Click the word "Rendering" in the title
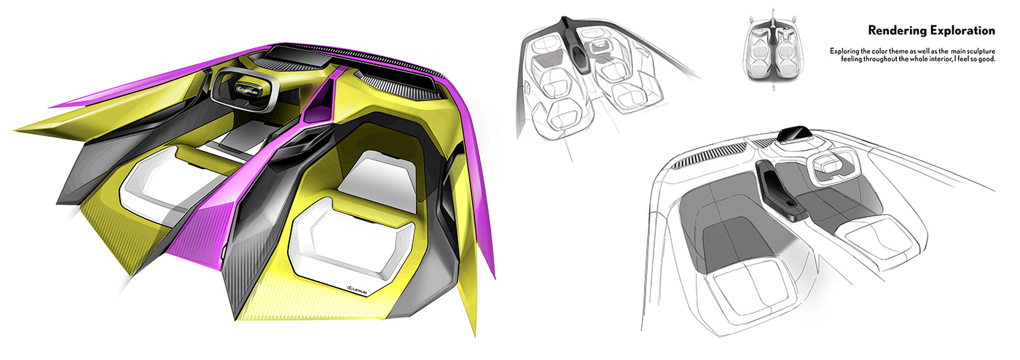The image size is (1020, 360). [x=893, y=31]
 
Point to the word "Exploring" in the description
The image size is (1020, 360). [x=845, y=50]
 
